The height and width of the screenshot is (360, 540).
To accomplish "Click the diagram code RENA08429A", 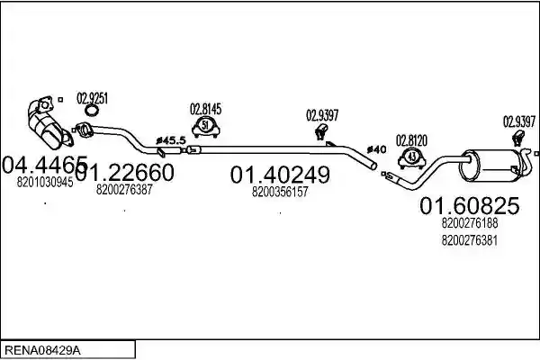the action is (42, 351).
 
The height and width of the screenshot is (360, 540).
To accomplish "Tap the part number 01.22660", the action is (124, 173).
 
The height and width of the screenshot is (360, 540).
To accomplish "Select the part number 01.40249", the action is (280, 175).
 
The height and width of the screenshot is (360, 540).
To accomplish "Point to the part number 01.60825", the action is (470, 206).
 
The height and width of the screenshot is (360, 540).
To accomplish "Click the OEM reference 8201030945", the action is (45, 182).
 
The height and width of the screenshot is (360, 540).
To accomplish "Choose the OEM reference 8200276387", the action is (124, 189).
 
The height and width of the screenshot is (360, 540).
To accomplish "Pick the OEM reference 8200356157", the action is (280, 192).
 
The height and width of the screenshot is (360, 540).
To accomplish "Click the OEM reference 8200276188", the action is (470, 223).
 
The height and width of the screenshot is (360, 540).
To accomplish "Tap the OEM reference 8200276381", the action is (470, 240).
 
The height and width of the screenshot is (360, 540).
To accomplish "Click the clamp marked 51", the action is (205, 127).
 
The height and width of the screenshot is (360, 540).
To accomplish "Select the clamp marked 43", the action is (411, 158).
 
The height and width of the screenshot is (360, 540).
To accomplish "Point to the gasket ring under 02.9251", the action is (92, 110).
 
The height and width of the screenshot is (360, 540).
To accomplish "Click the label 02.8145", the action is (205, 109).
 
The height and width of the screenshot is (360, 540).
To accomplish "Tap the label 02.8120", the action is (411, 140).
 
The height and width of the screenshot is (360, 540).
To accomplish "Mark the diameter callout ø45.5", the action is (171, 140).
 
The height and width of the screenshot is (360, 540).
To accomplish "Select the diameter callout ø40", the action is (376, 149).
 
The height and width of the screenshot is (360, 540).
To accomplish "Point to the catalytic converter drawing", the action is (49, 123).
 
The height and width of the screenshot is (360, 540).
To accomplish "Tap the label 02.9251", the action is (92, 98).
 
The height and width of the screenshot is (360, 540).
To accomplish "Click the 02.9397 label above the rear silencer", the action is (519, 121).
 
